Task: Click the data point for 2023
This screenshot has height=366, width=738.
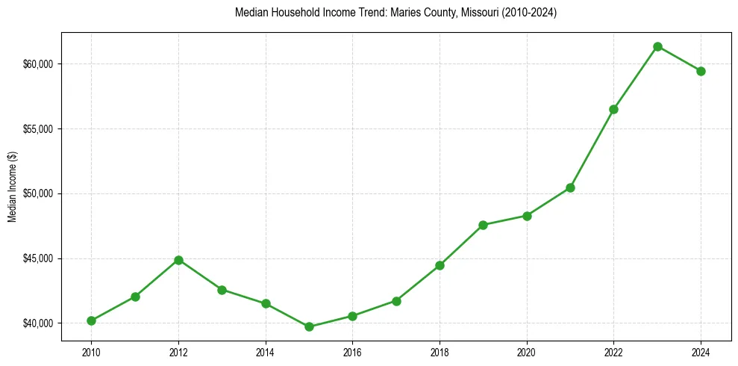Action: (x=657, y=46)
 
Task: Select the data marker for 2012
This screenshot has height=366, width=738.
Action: (x=178, y=260)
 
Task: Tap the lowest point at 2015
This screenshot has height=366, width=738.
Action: (x=309, y=326)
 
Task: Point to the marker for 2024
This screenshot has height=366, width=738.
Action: (x=701, y=71)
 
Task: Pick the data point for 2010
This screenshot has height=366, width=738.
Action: (x=91, y=320)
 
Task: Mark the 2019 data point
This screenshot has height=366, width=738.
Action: (x=483, y=225)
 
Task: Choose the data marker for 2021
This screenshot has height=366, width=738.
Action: (x=570, y=187)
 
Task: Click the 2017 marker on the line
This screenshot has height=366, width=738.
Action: (x=396, y=301)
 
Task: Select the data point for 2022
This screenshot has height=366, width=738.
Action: (x=613, y=109)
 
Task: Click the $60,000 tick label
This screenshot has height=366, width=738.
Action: (x=38, y=64)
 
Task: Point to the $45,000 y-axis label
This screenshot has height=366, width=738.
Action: (x=38, y=258)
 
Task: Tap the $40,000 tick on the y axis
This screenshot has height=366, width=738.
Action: (x=38, y=323)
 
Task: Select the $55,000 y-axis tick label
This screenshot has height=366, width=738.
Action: (x=38, y=129)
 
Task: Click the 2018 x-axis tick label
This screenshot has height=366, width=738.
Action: (x=440, y=352)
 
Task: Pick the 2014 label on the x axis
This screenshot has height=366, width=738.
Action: (x=265, y=352)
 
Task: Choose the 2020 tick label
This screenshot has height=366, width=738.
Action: (x=527, y=352)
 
